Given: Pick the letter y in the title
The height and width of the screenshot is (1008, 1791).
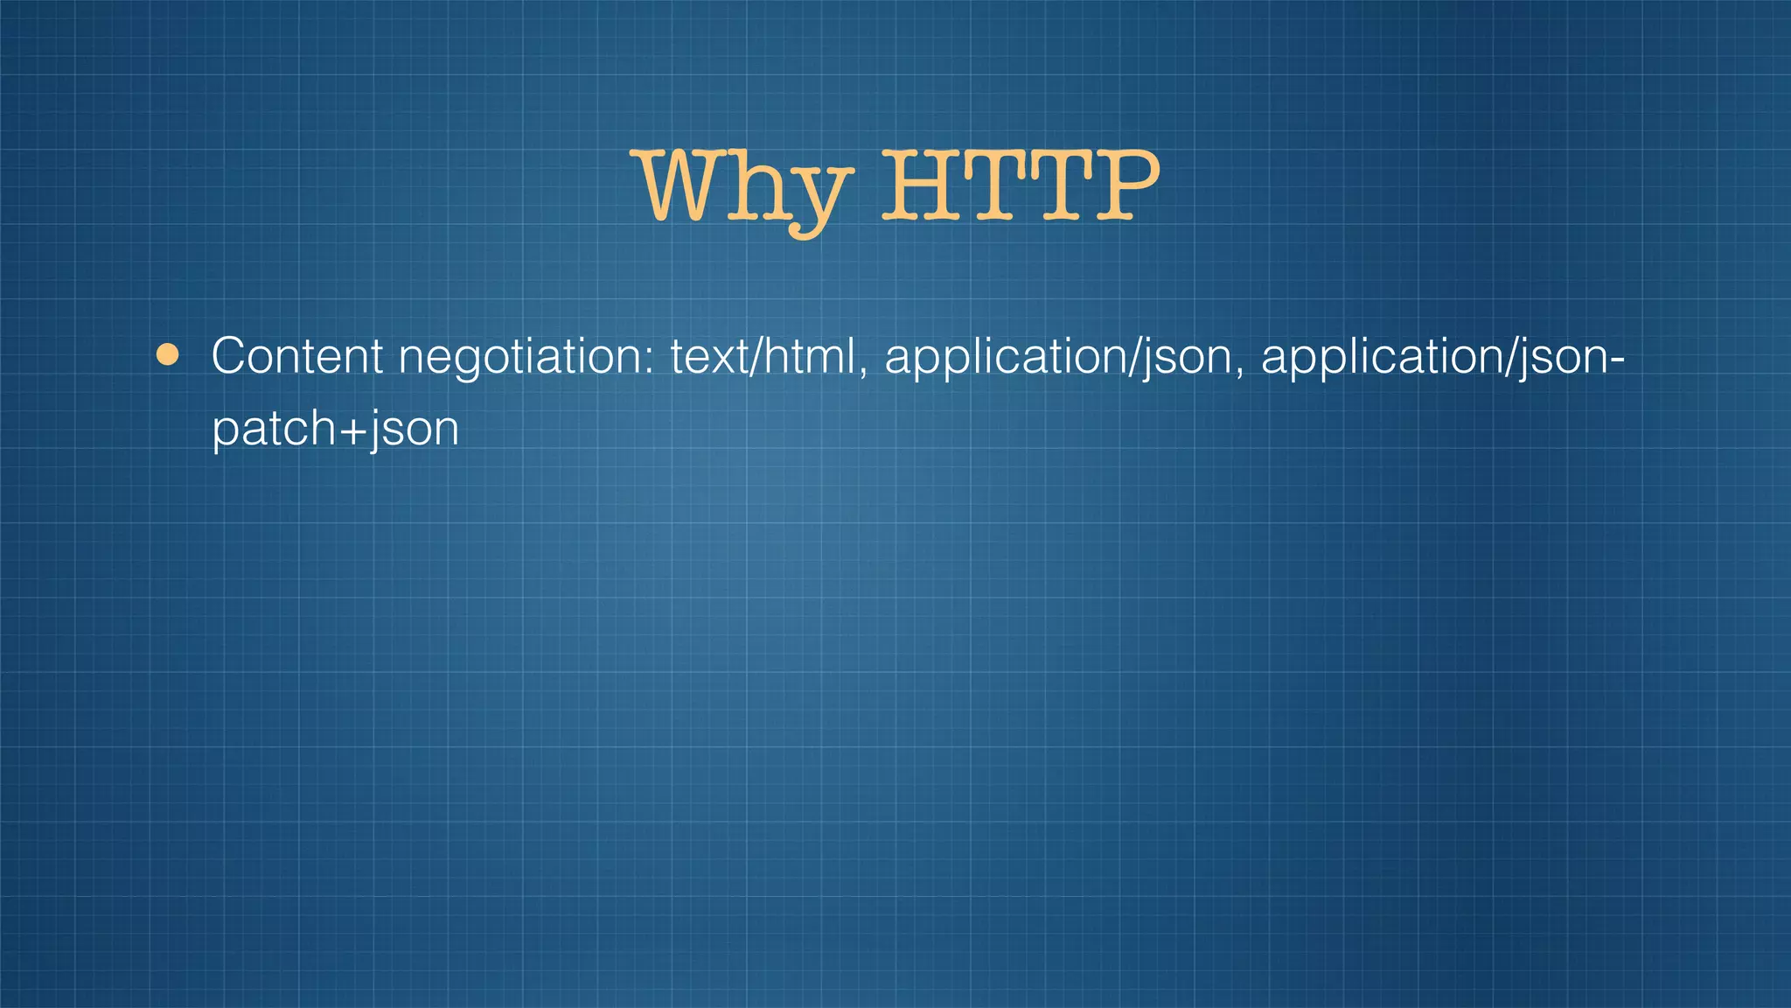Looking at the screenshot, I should coord(817,197).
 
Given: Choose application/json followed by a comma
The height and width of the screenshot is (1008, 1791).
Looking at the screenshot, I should coord(1058,358).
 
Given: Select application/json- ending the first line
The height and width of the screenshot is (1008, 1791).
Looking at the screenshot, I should coord(1442,358).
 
